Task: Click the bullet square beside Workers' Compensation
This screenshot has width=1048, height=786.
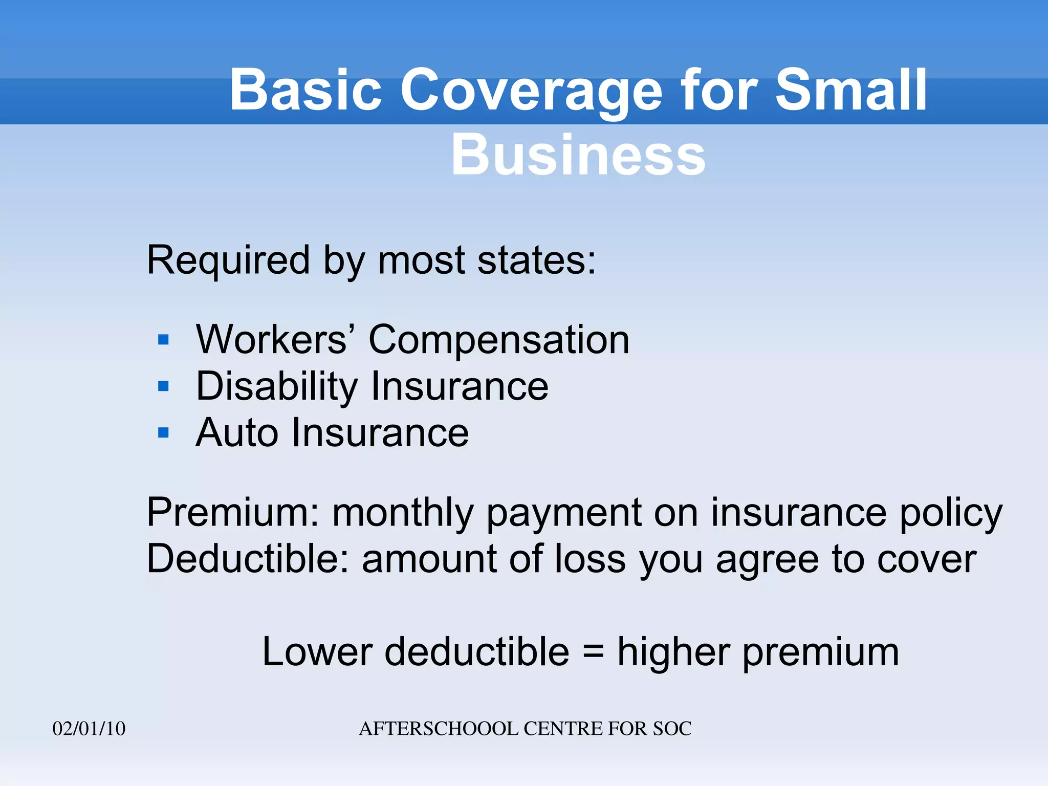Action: [164, 340]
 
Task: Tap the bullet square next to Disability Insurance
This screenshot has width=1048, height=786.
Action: [164, 386]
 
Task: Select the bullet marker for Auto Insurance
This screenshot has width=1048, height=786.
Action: [164, 433]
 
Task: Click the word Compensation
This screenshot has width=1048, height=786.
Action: [499, 340]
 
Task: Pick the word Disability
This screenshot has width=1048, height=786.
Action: [277, 386]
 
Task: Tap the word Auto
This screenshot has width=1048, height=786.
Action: [236, 433]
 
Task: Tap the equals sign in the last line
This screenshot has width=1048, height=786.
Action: [593, 652]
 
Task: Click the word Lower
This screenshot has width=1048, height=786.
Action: [317, 652]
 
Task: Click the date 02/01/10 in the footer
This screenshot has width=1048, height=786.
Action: [89, 729]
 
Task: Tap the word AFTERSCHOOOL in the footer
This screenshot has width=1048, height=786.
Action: [439, 729]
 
